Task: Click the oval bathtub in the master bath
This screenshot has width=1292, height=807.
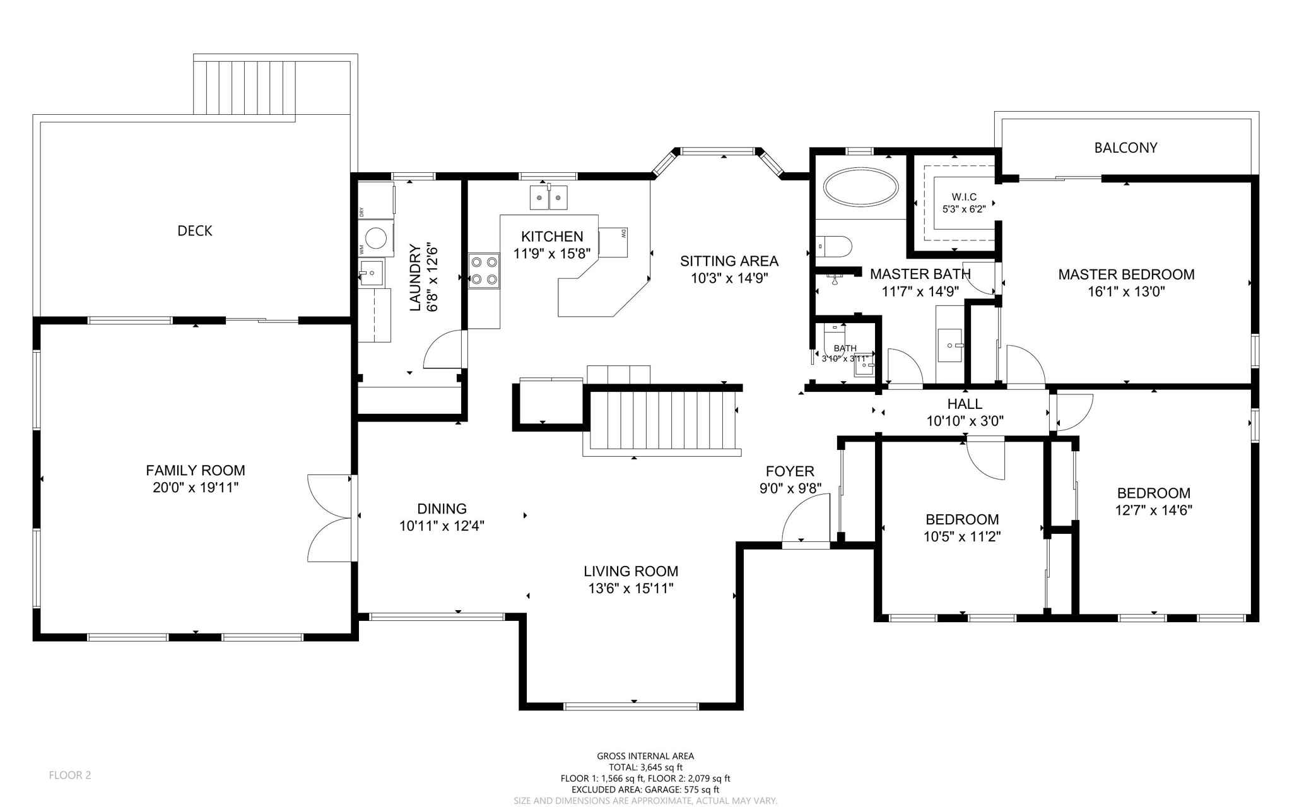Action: [x=861, y=187]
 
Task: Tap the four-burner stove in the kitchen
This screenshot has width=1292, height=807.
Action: [x=484, y=271]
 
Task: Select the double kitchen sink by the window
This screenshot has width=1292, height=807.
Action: [x=548, y=197]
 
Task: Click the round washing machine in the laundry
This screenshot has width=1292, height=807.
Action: [x=377, y=239]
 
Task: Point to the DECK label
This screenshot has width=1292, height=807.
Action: [x=194, y=231]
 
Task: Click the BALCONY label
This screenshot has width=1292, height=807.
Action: [x=1125, y=148]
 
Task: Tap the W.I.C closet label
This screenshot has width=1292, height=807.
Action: [x=963, y=197]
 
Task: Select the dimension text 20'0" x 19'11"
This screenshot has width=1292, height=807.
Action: [x=196, y=487]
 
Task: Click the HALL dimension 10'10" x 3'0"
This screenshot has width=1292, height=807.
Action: [x=965, y=421]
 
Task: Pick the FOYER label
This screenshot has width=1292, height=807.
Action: [x=790, y=471]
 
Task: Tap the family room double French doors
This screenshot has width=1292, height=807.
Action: [x=329, y=518]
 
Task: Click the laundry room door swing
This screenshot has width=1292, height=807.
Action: [x=443, y=350]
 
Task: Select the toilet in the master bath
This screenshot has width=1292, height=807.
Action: [x=833, y=245]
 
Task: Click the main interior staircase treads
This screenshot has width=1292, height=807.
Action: [x=662, y=420]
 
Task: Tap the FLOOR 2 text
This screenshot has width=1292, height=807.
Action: [x=70, y=775]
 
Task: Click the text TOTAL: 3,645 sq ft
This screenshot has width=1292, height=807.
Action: [x=645, y=767]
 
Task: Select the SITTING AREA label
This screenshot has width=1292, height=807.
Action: [x=729, y=261]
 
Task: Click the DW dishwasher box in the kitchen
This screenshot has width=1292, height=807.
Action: [x=614, y=242]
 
